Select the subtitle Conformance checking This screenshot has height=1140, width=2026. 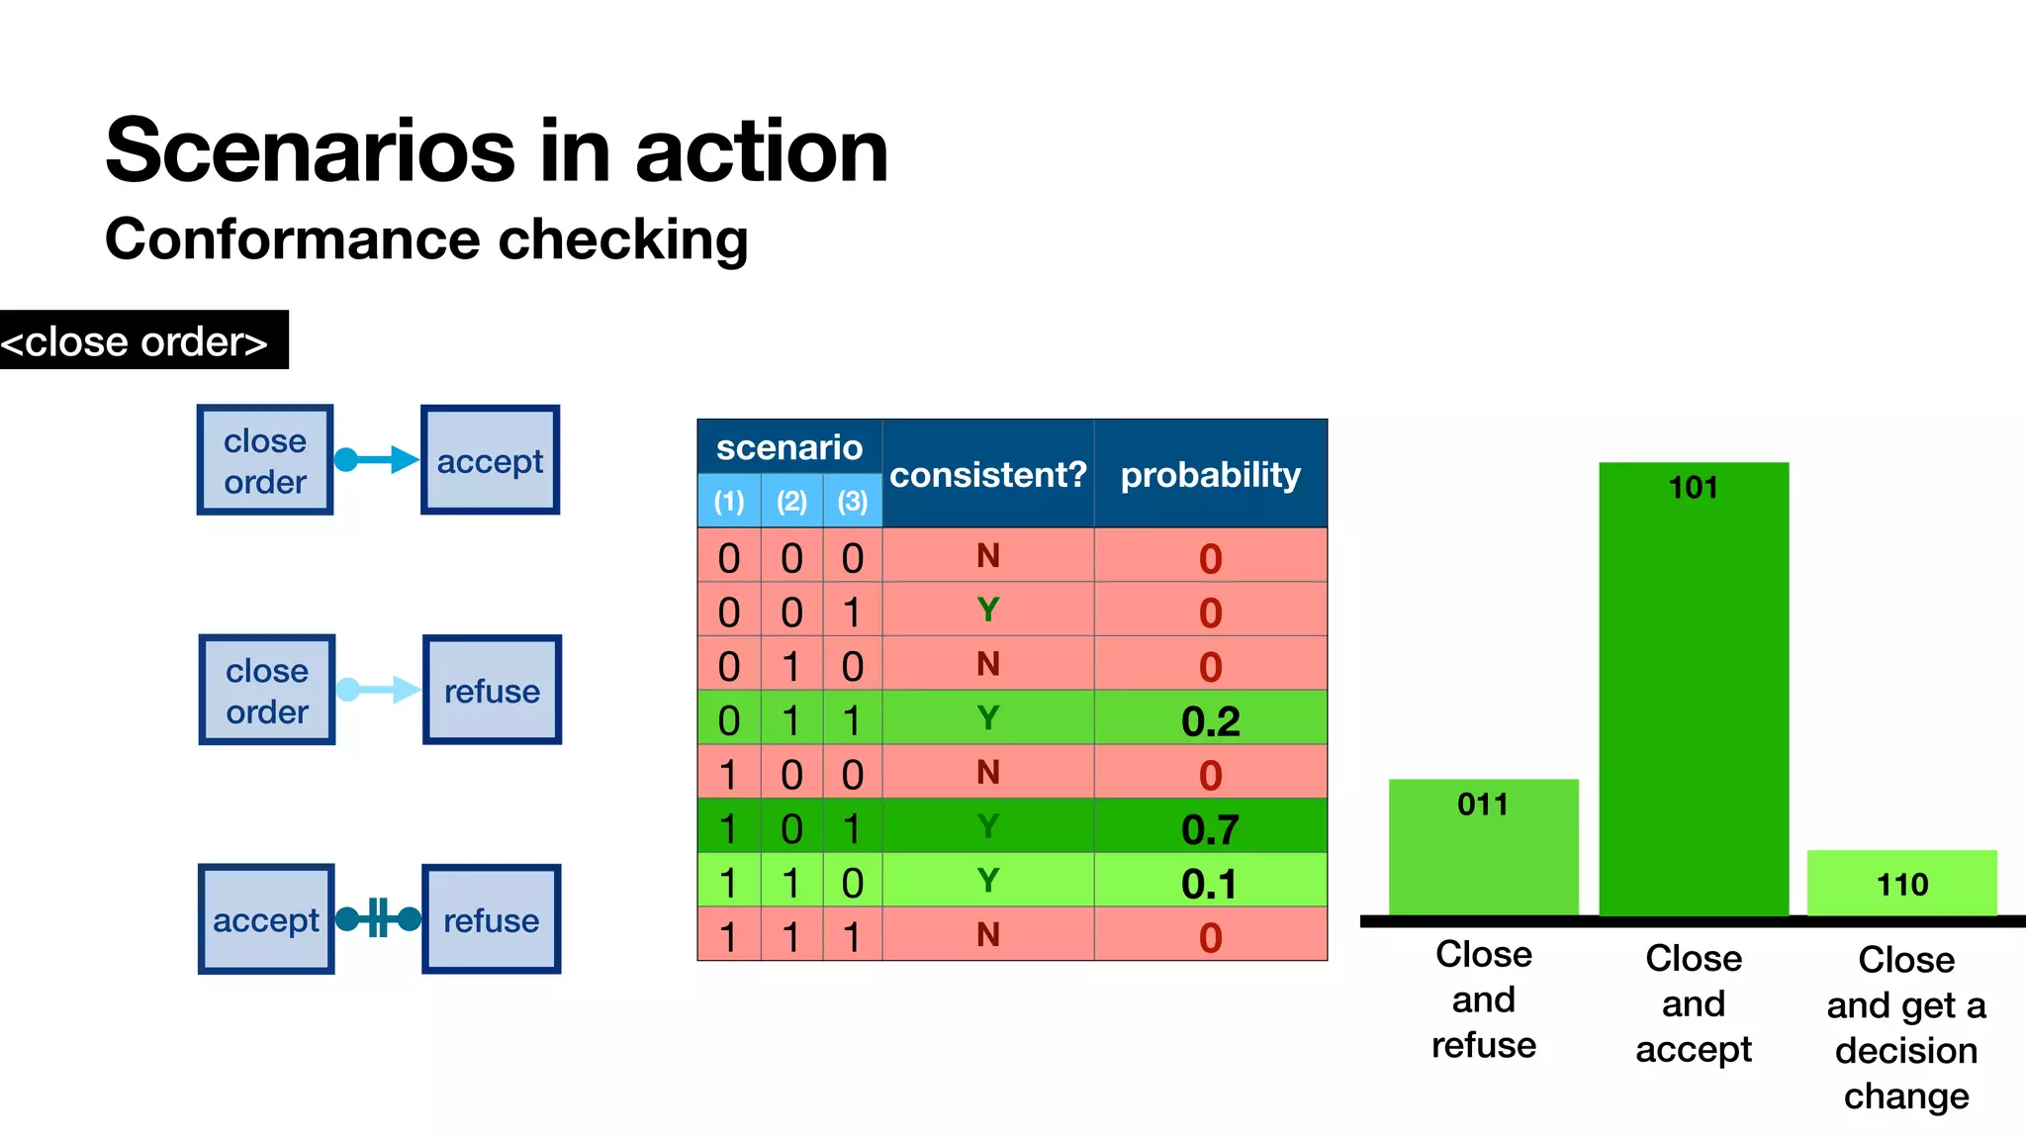[426, 239]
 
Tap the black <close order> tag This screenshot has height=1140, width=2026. [138, 341]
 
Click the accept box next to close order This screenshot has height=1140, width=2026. [490, 460]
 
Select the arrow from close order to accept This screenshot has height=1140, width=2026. [377, 459]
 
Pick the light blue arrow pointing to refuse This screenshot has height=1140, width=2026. [378, 690]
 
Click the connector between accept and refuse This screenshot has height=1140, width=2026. [378, 918]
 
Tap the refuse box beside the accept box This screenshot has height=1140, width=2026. [491, 919]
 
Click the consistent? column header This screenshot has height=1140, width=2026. [987, 474]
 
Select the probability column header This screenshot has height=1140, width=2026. [1210, 474]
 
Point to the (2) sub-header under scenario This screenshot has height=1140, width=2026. [791, 501]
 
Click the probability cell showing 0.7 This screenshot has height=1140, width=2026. [1210, 827]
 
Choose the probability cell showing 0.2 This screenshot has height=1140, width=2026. [1210, 719]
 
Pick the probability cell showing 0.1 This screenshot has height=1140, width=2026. [1210, 882]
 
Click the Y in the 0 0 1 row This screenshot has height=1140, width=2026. [987, 610]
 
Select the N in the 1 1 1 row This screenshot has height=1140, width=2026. [987, 934]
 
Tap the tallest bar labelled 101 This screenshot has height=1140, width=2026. [1693, 693]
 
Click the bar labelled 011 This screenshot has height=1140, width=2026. [1483, 851]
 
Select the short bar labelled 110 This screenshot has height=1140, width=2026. [1901, 883]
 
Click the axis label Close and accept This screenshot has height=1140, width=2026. [1693, 1002]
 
